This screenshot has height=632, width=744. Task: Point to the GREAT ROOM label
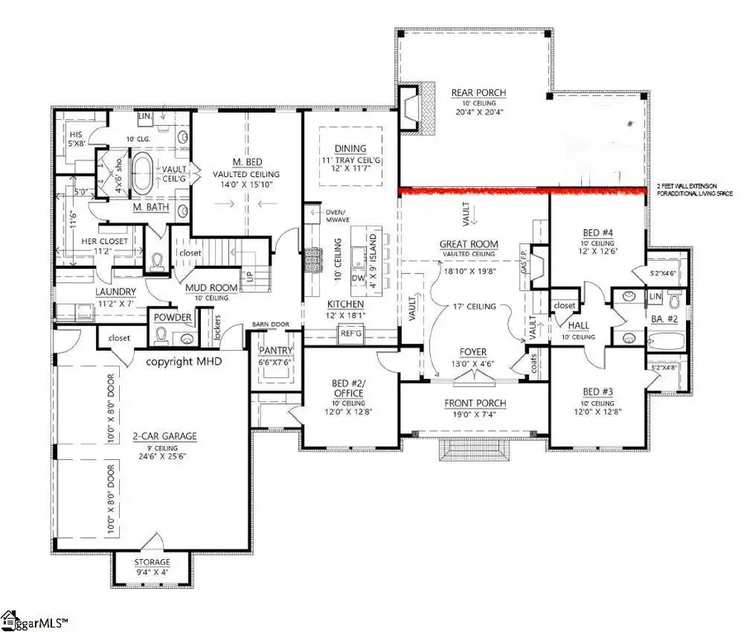[x=469, y=244]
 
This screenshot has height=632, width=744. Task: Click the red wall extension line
[x=521, y=192]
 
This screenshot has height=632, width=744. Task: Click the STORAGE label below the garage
[x=153, y=562]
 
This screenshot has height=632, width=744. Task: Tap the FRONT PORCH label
[x=474, y=403]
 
